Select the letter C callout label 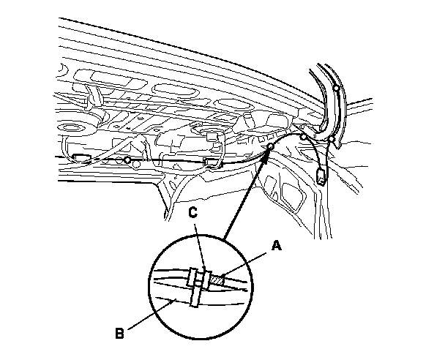pyautogui.click(x=194, y=213)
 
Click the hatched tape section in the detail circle pyautogui.click(x=218, y=278)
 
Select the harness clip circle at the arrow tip pyautogui.click(x=270, y=147)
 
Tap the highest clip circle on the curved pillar pyautogui.click(x=336, y=88)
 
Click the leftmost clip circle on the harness pyautogui.click(x=127, y=159)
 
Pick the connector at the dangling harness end pyautogui.click(x=322, y=176)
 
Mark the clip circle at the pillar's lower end pyautogui.click(x=331, y=138)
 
